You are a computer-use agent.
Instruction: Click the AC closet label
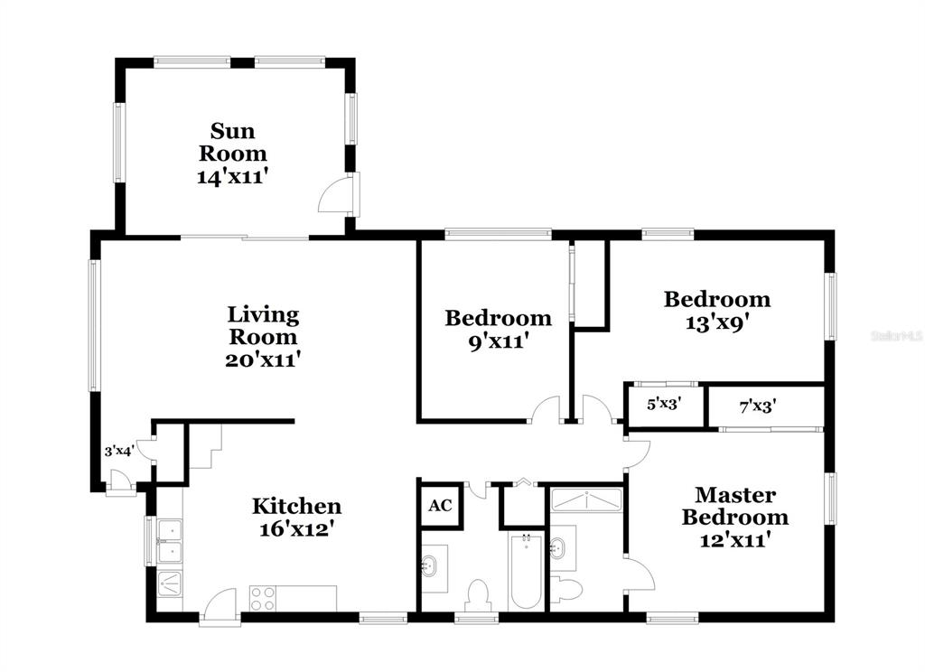(440, 506)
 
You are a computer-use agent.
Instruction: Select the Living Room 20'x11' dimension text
(264, 359)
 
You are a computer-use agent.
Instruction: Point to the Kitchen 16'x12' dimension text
(297, 528)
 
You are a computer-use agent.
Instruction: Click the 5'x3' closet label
(664, 404)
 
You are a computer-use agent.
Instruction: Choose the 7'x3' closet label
(758, 406)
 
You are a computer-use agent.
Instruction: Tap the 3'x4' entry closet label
(120, 452)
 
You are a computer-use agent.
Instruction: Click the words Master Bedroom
(735, 506)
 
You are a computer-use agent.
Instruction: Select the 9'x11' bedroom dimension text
(498, 341)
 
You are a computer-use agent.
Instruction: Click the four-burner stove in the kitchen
(263, 598)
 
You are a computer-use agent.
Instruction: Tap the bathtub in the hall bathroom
(527, 571)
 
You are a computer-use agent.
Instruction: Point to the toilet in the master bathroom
(566, 588)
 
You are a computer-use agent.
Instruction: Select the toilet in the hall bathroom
(477, 594)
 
